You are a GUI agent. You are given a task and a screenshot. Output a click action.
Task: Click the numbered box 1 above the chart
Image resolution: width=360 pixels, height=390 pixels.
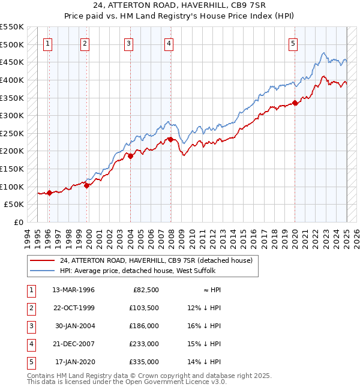[47, 43]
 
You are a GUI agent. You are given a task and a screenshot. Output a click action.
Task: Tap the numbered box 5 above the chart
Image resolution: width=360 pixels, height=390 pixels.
[293, 43]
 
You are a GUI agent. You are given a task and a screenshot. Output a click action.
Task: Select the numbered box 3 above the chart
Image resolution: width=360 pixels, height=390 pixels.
[129, 43]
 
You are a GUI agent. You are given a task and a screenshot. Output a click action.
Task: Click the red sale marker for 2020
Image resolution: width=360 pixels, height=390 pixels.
[295, 103]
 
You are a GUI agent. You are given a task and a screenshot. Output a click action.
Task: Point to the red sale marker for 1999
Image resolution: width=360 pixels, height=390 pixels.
[87, 185]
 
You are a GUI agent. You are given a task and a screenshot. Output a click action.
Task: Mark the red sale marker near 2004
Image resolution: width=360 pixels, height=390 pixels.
[130, 156]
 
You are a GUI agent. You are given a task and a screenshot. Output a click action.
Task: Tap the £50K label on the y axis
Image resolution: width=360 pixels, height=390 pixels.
[14, 205]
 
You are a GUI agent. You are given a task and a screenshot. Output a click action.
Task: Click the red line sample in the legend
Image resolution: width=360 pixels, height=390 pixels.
[43, 260]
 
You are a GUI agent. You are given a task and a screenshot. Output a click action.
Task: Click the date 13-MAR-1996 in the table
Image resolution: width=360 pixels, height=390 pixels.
[73, 290]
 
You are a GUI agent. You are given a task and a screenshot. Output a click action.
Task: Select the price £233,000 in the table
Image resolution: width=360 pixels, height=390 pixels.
[144, 344]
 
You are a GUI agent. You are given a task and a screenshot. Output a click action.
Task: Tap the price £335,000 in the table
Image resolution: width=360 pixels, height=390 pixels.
[144, 362]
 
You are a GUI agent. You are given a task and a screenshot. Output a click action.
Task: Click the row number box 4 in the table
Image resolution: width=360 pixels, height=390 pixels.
[31, 344]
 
